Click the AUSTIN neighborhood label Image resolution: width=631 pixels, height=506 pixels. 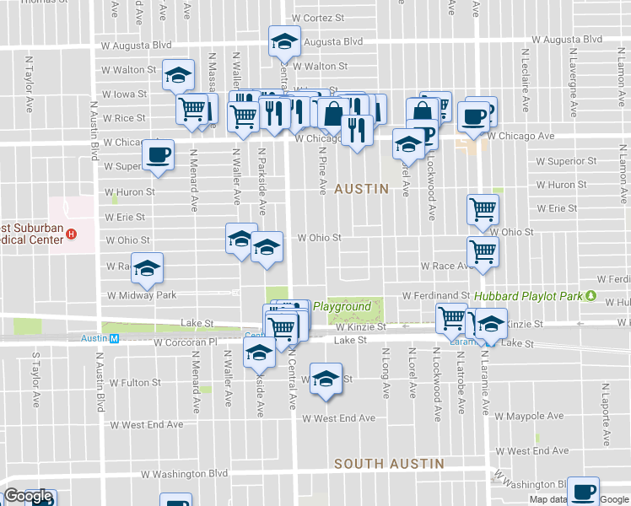click(361, 190)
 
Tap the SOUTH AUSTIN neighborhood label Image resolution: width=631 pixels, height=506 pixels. click(389, 464)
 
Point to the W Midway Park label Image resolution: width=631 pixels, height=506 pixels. click(141, 295)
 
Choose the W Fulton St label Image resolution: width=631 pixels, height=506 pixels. click(132, 383)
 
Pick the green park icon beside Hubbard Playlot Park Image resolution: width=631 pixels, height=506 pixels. click(591, 297)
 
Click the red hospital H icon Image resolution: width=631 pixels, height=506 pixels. click(72, 234)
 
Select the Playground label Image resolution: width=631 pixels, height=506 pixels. click(342, 307)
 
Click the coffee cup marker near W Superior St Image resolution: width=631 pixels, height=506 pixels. click(158, 154)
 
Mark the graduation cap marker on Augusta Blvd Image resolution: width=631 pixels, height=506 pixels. click(285, 40)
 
